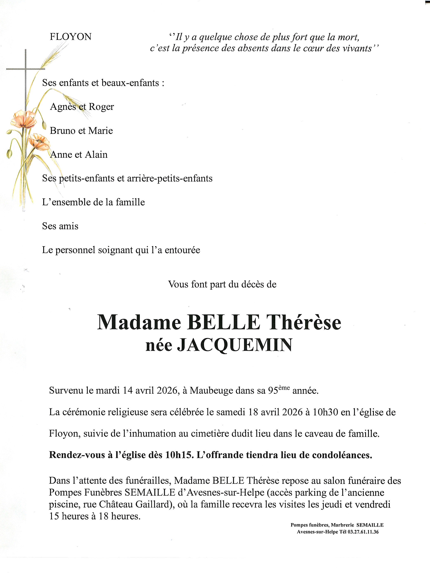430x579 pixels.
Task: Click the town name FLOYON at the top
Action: point(70,37)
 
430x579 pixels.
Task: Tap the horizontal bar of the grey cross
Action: point(26,69)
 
